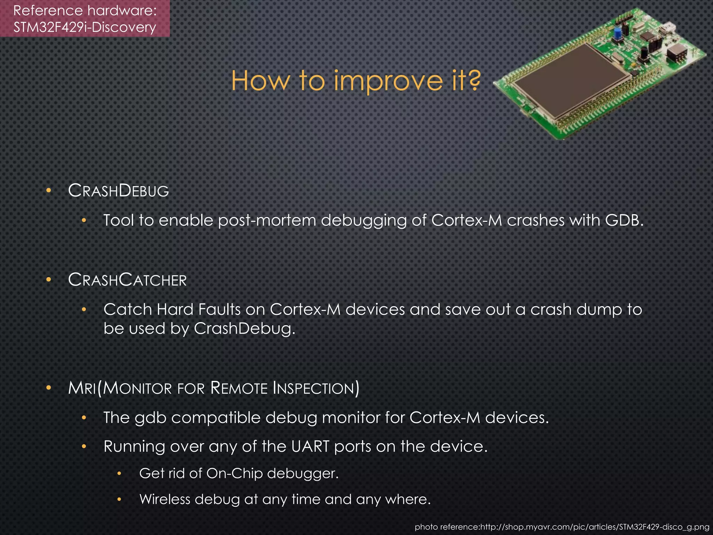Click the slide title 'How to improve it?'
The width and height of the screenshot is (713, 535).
tap(356, 81)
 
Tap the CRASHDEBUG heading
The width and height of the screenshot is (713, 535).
tap(118, 191)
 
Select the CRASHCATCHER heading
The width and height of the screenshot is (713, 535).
tap(127, 280)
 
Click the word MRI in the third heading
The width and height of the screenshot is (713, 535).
tap(82, 388)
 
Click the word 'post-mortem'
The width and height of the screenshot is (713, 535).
tap(267, 221)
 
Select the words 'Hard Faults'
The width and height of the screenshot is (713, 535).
tap(198, 309)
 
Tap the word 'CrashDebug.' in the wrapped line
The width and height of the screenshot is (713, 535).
tap(244, 328)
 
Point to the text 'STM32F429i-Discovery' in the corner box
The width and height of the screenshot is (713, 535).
tap(85, 27)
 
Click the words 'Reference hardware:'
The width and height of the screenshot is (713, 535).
tap(85, 10)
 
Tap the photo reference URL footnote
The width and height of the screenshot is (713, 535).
tap(562, 527)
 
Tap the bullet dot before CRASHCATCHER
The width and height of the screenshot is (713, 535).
tap(49, 280)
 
